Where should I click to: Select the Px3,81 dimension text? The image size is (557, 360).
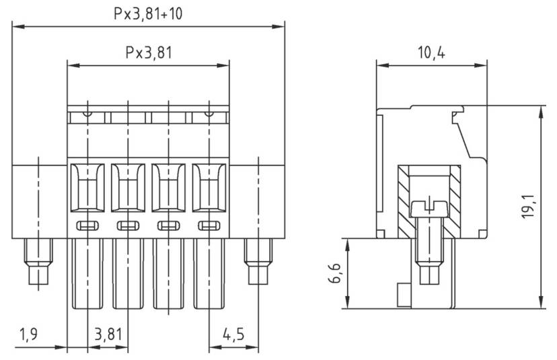[x=147, y=52]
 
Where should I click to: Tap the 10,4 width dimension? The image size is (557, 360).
[x=431, y=52]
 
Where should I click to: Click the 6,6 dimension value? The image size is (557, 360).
[x=336, y=274]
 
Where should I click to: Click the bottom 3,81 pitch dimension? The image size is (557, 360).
[x=108, y=334]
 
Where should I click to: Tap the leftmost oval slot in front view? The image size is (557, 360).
[x=87, y=225]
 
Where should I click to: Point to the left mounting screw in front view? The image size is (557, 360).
[x=37, y=263]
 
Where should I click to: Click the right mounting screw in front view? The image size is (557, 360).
[x=258, y=263]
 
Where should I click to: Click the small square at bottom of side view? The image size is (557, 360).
[x=403, y=293]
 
